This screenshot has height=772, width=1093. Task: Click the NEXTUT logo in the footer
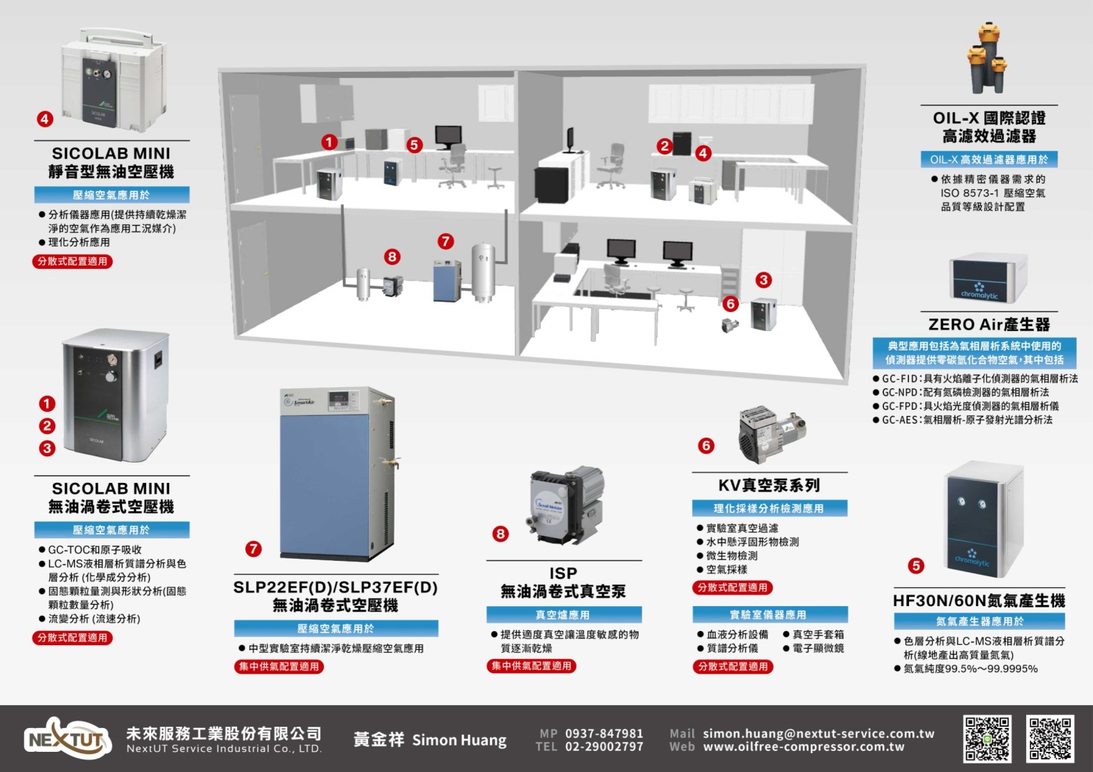[68, 739]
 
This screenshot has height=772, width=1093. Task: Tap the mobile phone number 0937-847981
[604, 733]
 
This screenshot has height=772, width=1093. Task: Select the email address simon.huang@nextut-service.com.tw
[818, 733]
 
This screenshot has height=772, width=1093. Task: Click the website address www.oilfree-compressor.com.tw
[803, 747]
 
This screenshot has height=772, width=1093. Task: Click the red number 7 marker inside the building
[445, 242]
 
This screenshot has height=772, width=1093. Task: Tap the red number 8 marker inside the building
[392, 256]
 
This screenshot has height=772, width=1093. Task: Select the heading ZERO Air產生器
[988, 324]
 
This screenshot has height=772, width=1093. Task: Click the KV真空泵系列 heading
[769, 485]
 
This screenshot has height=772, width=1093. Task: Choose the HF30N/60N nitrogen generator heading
[979, 601]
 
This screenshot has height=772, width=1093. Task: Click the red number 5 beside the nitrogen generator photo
[916, 566]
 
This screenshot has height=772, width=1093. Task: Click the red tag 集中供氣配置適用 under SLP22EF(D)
[279, 667]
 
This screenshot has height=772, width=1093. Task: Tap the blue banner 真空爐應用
[563, 615]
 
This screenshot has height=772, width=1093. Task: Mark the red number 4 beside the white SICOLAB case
[45, 118]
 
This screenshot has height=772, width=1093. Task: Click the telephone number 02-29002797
[604, 747]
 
